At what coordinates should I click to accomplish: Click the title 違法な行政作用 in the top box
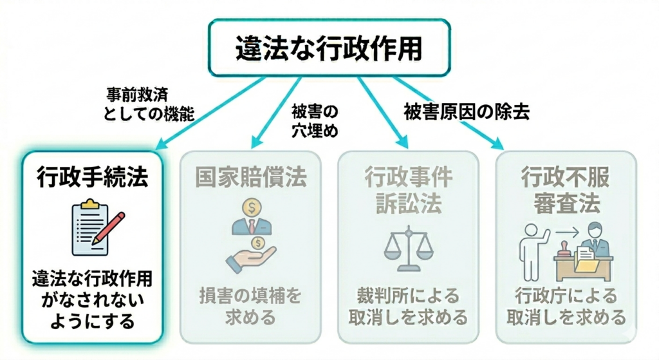329,49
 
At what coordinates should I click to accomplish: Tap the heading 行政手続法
93,176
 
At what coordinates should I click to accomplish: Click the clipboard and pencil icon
94,227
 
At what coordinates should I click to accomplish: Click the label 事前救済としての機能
149,104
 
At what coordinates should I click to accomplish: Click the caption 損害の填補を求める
250,306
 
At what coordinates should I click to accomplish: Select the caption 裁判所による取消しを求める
408,306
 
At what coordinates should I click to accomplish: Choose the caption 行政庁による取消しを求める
566,306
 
